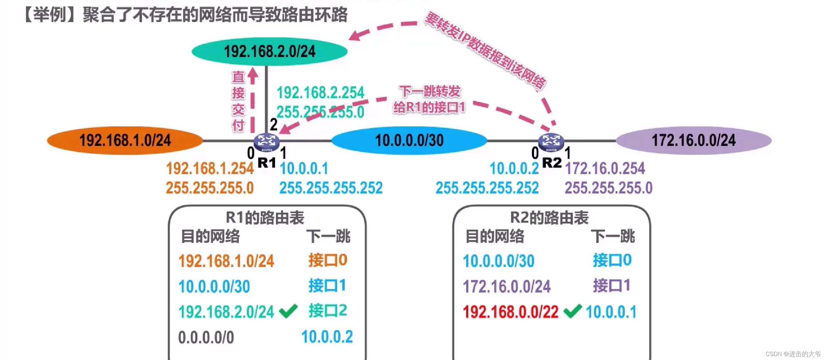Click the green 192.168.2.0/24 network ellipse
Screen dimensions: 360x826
(269, 52)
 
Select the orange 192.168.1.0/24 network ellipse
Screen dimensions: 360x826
(125, 140)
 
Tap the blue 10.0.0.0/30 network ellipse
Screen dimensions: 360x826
(409, 140)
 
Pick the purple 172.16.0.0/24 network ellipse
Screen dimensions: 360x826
(694, 140)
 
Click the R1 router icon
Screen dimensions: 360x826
(266, 142)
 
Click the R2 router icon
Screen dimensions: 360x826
(551, 142)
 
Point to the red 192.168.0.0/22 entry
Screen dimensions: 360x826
(510, 312)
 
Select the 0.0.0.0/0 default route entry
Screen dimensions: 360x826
(206, 337)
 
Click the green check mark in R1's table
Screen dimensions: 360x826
(288, 311)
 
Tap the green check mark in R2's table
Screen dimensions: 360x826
(573, 311)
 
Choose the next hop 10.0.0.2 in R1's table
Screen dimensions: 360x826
(327, 337)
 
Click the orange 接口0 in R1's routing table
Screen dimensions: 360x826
(327, 260)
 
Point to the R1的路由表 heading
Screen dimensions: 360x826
(265, 218)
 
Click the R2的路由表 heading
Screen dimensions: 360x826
(549, 218)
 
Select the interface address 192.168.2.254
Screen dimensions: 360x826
(320, 93)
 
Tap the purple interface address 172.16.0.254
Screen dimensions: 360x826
(605, 168)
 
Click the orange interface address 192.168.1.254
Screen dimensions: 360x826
(210, 168)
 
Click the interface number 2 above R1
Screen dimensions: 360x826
(274, 125)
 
